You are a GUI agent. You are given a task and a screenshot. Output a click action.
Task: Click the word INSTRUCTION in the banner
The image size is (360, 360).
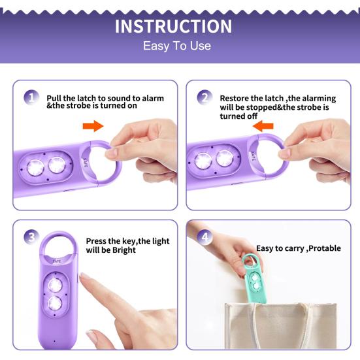pos(173,26)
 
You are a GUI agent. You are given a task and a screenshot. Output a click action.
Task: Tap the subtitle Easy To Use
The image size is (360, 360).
pos(177,46)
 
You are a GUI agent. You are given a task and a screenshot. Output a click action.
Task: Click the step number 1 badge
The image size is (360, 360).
pos(31,97)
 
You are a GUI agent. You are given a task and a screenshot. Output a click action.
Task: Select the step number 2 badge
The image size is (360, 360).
pos(205,97)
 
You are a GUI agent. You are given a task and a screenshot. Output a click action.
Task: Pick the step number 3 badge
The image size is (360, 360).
pos(31,237)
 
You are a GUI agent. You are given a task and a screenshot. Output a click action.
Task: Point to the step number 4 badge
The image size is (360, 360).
pos(205,237)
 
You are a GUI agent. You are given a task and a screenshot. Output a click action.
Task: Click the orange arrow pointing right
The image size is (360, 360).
pos(93,126)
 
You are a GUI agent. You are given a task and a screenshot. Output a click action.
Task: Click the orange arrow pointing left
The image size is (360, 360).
pos(263,126)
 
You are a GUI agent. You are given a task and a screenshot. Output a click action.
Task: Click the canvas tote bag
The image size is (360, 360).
pos(280,326)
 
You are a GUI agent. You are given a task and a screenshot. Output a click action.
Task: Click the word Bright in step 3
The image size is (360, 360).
pos(124,250)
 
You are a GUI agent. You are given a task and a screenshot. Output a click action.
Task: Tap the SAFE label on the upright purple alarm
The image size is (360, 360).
pos(57,261)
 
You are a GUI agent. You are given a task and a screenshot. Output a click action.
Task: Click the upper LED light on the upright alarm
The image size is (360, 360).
pos(55,286)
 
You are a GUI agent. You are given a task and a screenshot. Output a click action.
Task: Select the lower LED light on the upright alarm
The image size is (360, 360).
pos(55,303)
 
